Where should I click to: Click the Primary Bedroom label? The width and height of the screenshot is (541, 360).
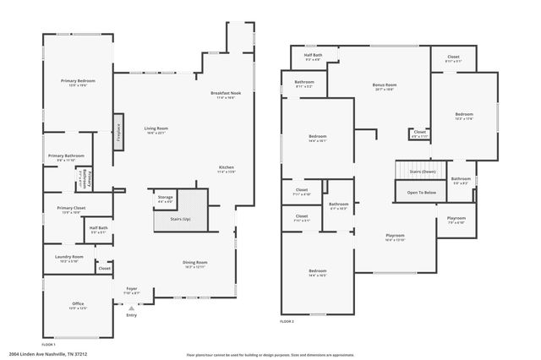tap(78, 80)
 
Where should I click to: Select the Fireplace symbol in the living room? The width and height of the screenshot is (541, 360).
tap(119, 132)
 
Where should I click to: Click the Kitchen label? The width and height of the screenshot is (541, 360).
tap(226, 166)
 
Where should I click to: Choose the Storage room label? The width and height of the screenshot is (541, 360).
tap(165, 198)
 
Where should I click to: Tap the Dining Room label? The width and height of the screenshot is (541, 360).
tap(195, 262)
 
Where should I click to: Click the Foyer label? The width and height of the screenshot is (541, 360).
tap(133, 288)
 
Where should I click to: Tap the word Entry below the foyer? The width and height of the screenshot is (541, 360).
tap(131, 315)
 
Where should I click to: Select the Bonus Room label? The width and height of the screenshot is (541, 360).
tap(385, 85)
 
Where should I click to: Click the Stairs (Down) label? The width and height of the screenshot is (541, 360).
tap(422, 171)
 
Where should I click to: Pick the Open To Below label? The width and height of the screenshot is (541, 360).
tap(421, 192)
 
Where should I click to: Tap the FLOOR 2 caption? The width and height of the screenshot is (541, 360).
tap(287, 322)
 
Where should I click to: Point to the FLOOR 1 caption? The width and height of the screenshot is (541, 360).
tap(49, 345)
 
